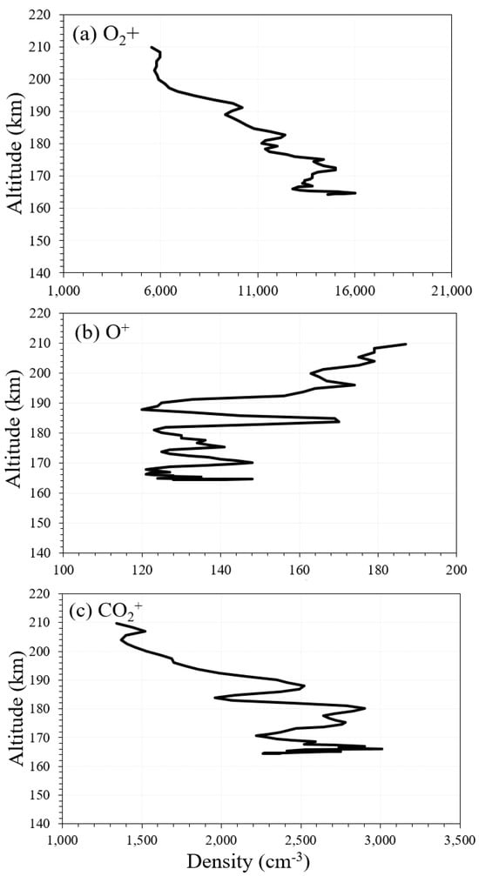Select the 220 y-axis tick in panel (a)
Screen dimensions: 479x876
tap(46, 15)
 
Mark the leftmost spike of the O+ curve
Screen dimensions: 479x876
tap(142, 410)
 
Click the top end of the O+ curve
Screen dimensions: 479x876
tap(405, 344)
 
